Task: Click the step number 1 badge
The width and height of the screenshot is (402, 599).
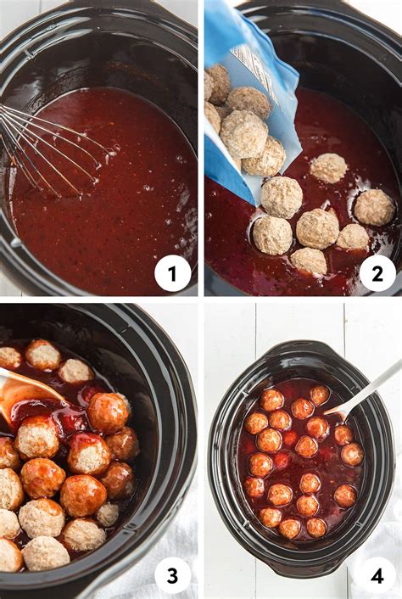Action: [173, 273]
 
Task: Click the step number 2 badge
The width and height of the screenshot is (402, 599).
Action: [377, 273]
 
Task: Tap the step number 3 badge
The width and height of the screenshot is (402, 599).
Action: [173, 576]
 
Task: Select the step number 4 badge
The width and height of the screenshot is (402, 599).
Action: [377, 576]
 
